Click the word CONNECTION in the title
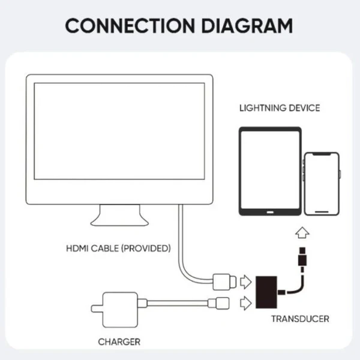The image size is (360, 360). [x=130, y=26]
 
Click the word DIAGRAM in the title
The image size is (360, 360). [x=247, y=26]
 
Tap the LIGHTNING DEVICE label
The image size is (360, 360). [x=280, y=108]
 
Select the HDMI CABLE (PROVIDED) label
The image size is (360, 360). [x=118, y=248]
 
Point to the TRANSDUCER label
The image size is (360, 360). [x=301, y=319]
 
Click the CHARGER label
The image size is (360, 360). [x=119, y=342]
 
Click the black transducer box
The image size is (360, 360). [x=266, y=292]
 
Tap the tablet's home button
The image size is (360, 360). [x=270, y=212]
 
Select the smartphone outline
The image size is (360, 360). [x=322, y=184]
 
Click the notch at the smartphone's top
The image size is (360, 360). [x=322, y=155]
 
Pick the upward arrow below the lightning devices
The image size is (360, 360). [x=302, y=233]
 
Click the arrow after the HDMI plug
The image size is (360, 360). [x=245, y=282]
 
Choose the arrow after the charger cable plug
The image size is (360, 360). [x=245, y=303]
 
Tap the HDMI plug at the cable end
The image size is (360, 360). [x=224, y=282]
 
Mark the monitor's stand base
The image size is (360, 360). [x=119, y=222]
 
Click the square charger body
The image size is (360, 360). [x=120, y=310]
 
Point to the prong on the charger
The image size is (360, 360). [x=97, y=309]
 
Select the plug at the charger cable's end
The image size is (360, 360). [x=218, y=303]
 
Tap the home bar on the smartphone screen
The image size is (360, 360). [x=322, y=212]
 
